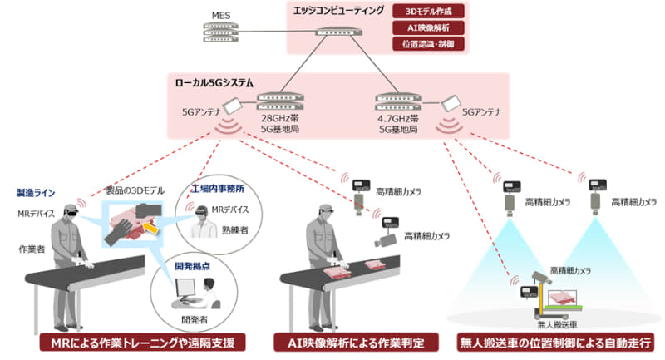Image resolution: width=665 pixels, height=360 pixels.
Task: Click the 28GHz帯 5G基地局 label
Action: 283,125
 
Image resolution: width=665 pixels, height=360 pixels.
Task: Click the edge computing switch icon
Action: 338,34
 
